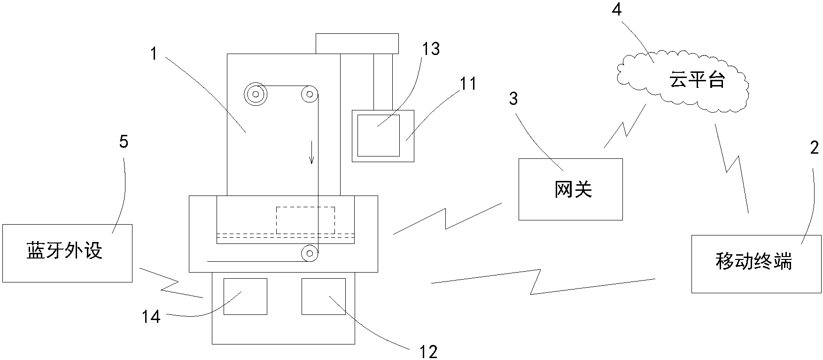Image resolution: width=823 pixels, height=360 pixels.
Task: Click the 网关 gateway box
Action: (x=570, y=189)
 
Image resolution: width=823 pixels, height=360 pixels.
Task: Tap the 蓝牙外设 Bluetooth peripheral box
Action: (x=67, y=253)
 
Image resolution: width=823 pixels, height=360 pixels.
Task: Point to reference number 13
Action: (x=431, y=48)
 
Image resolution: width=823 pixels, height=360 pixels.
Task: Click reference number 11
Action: (x=468, y=84)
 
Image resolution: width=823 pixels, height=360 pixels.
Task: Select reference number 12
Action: (x=428, y=352)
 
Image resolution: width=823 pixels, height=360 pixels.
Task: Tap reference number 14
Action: (x=151, y=317)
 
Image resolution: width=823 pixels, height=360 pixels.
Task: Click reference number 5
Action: (x=124, y=142)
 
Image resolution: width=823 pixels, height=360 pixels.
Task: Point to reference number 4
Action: (x=616, y=10)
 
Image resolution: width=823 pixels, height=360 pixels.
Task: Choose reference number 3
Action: (x=513, y=99)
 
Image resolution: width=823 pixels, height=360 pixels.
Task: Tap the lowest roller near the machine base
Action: (x=309, y=254)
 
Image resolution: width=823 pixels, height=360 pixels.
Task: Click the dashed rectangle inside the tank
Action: (x=305, y=220)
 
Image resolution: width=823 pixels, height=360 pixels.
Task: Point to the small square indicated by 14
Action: (x=245, y=297)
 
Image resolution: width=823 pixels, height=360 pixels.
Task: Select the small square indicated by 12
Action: (x=323, y=297)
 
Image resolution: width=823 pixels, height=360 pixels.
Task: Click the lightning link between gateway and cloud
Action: (x=625, y=126)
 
